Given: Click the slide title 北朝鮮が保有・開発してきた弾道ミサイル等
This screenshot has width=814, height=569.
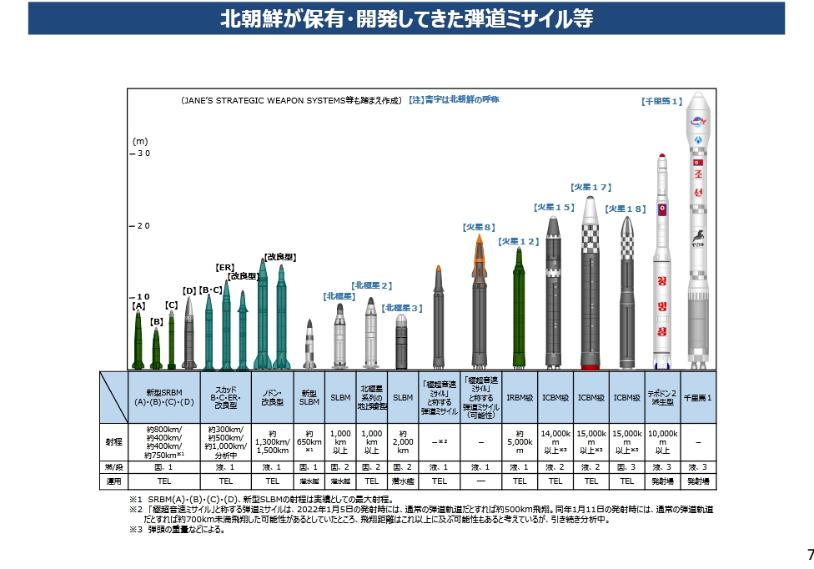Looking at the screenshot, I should [406, 18].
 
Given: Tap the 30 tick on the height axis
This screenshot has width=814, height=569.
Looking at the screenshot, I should [141, 154].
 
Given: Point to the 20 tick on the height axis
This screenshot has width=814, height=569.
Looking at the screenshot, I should [141, 226].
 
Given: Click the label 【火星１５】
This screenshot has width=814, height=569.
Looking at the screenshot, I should [553, 207].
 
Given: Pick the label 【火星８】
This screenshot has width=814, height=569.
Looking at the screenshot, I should [479, 226].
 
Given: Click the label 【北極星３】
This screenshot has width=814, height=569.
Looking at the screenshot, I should [402, 308].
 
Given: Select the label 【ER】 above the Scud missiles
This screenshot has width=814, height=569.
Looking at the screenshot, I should [224, 268].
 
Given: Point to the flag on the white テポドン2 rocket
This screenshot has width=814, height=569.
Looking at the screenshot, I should [662, 209].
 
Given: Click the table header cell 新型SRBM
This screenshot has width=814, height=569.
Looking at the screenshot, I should [164, 396].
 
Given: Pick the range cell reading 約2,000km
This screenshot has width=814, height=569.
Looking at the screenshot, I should [403, 441].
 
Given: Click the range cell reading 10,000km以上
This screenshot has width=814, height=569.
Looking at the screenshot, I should [663, 441].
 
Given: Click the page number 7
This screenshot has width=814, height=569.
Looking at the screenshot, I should [809, 555].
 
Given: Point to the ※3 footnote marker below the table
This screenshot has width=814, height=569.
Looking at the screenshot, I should [134, 529].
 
